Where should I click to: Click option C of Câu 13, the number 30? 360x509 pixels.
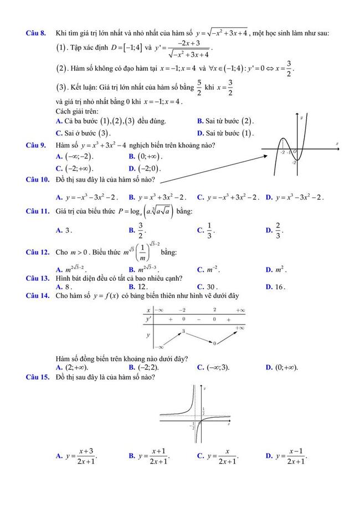(212, 287)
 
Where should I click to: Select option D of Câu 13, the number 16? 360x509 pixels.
(279, 287)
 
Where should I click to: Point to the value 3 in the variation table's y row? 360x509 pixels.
(183, 331)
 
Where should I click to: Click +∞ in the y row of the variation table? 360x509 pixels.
(239, 328)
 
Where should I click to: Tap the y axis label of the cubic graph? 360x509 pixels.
(301, 117)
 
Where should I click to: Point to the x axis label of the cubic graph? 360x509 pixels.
(337, 144)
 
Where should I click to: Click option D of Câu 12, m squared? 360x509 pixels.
(279, 270)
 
